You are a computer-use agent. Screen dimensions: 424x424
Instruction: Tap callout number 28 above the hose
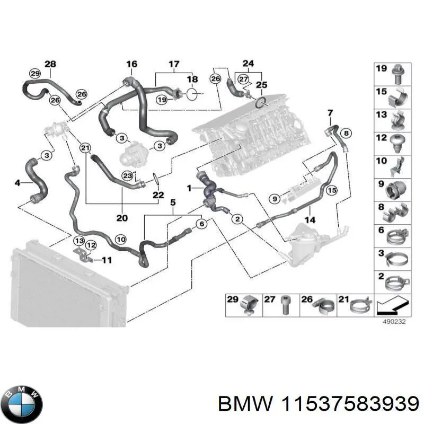coord(50,64)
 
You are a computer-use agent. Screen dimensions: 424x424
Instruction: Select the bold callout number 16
coord(131,64)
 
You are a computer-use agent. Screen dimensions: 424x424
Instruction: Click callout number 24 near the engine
coord(248,63)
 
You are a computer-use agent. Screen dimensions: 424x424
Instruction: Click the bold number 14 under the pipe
coord(311,219)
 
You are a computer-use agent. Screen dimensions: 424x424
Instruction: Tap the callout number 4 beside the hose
coord(17,183)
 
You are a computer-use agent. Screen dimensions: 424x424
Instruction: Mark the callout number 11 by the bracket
coord(107,260)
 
